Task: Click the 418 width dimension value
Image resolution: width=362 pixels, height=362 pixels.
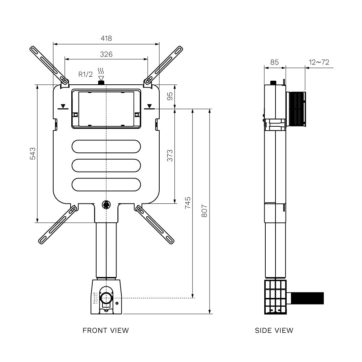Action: coord(106,38)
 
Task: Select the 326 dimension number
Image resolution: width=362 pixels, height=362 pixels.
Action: coord(106,54)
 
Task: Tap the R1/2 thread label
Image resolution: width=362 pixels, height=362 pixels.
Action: coord(86,74)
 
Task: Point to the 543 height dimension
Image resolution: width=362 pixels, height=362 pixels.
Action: coord(32,153)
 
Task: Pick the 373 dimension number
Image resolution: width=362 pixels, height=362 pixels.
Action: coord(170,155)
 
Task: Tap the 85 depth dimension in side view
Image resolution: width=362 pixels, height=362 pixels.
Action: coord(274,62)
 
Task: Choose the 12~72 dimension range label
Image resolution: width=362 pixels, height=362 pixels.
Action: coord(319,62)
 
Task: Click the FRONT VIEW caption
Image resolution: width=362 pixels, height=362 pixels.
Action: coord(106,330)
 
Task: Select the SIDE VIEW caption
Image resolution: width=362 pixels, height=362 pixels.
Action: coord(274,330)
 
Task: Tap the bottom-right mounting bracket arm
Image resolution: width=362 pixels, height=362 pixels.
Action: coord(155,223)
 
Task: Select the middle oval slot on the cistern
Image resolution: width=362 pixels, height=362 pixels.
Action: coord(106,165)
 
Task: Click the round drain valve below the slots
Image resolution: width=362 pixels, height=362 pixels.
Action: coord(106,205)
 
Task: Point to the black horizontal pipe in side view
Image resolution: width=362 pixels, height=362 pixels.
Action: coord(307,298)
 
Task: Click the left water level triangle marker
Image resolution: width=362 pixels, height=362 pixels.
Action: coord(63,106)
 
